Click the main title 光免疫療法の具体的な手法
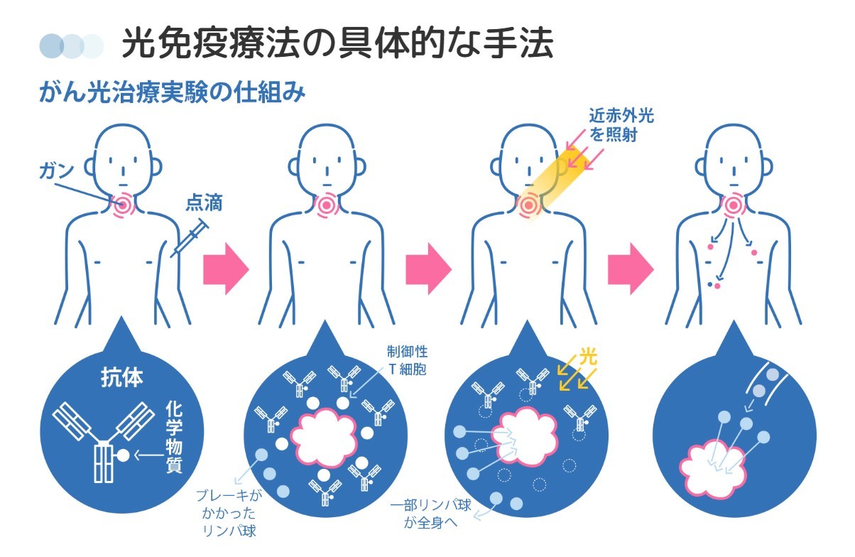pyautogui.click(x=337, y=43)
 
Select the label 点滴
pyautogui.click(x=204, y=203)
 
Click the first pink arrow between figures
pyautogui.click(x=226, y=269)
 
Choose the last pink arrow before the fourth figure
pyautogui.click(x=630, y=269)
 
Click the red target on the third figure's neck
pyautogui.click(x=528, y=207)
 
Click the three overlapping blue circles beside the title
pyautogui.click(x=71, y=45)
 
